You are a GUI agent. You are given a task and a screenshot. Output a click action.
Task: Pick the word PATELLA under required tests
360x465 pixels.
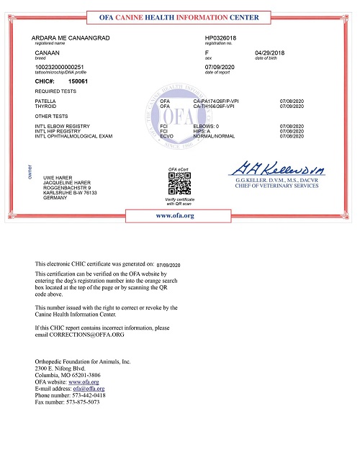(45, 102)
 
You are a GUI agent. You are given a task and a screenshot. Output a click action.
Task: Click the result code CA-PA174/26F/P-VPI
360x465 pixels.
(215, 102)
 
